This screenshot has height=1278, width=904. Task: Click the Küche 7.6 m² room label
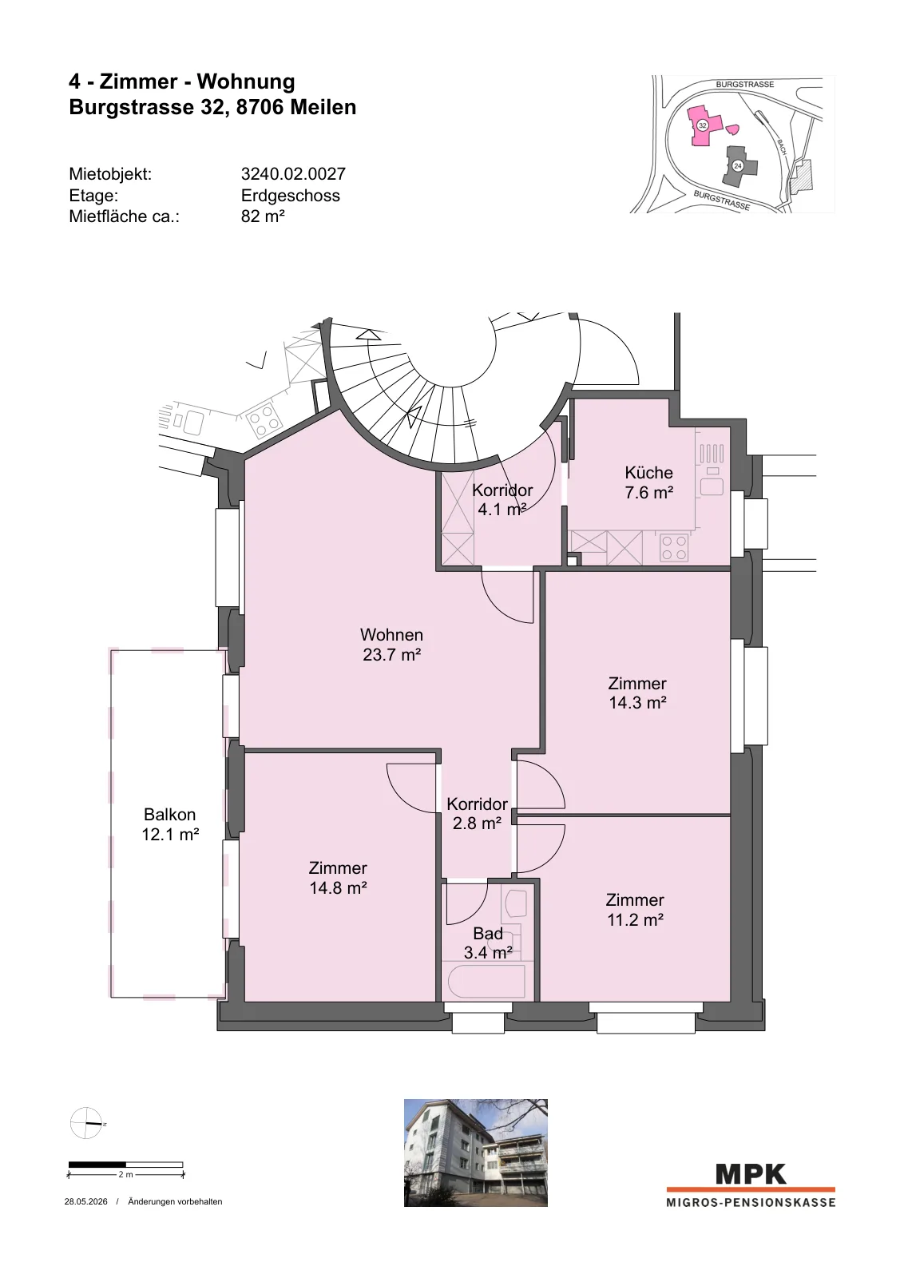(648, 482)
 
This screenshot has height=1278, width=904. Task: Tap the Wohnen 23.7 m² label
(392, 644)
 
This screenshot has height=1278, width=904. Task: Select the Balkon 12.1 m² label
(170, 824)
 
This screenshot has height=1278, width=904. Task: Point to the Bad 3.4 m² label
(488, 943)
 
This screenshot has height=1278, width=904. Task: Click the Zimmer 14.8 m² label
(339, 878)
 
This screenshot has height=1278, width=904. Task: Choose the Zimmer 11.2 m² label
(635, 910)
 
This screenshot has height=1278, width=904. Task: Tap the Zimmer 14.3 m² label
(637, 693)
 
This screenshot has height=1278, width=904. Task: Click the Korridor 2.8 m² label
(477, 813)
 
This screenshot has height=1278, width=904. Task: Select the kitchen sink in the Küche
(712, 486)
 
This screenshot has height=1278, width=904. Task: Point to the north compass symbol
(85, 1123)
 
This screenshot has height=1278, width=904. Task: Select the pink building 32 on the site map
(705, 125)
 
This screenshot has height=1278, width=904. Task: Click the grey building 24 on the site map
(739, 165)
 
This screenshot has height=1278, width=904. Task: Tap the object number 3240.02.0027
(293, 174)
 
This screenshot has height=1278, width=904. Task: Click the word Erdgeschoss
(291, 196)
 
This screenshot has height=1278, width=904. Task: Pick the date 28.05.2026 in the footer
(85, 1201)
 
